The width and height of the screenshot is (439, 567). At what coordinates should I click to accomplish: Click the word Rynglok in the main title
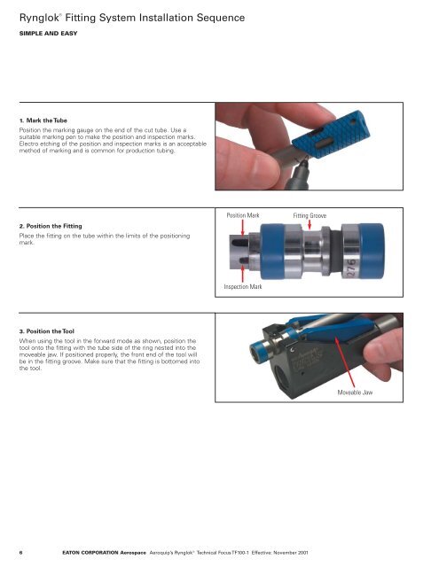39,18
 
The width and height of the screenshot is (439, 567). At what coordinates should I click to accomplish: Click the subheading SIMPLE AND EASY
48,34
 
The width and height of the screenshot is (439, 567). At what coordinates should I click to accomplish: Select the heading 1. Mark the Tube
43,120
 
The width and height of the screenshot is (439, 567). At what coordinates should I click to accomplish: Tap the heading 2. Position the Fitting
51,226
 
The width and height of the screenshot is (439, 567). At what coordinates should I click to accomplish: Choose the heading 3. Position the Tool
47,331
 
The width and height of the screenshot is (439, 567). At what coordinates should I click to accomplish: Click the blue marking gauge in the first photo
330,136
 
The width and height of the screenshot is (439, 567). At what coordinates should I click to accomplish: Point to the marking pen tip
302,162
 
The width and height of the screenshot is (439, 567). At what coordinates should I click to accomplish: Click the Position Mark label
243,215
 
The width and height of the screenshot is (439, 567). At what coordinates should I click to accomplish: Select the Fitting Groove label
310,216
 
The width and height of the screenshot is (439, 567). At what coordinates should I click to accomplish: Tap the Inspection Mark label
242,287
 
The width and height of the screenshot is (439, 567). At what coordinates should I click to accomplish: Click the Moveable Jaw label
355,392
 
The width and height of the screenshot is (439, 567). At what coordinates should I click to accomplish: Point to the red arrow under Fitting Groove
310,224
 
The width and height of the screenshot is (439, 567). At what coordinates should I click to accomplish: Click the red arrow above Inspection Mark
242,274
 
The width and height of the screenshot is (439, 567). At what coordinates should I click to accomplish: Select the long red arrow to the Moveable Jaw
345,362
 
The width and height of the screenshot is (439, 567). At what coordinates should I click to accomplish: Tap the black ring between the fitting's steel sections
335,250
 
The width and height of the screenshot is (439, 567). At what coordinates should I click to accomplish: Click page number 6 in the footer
20,553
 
